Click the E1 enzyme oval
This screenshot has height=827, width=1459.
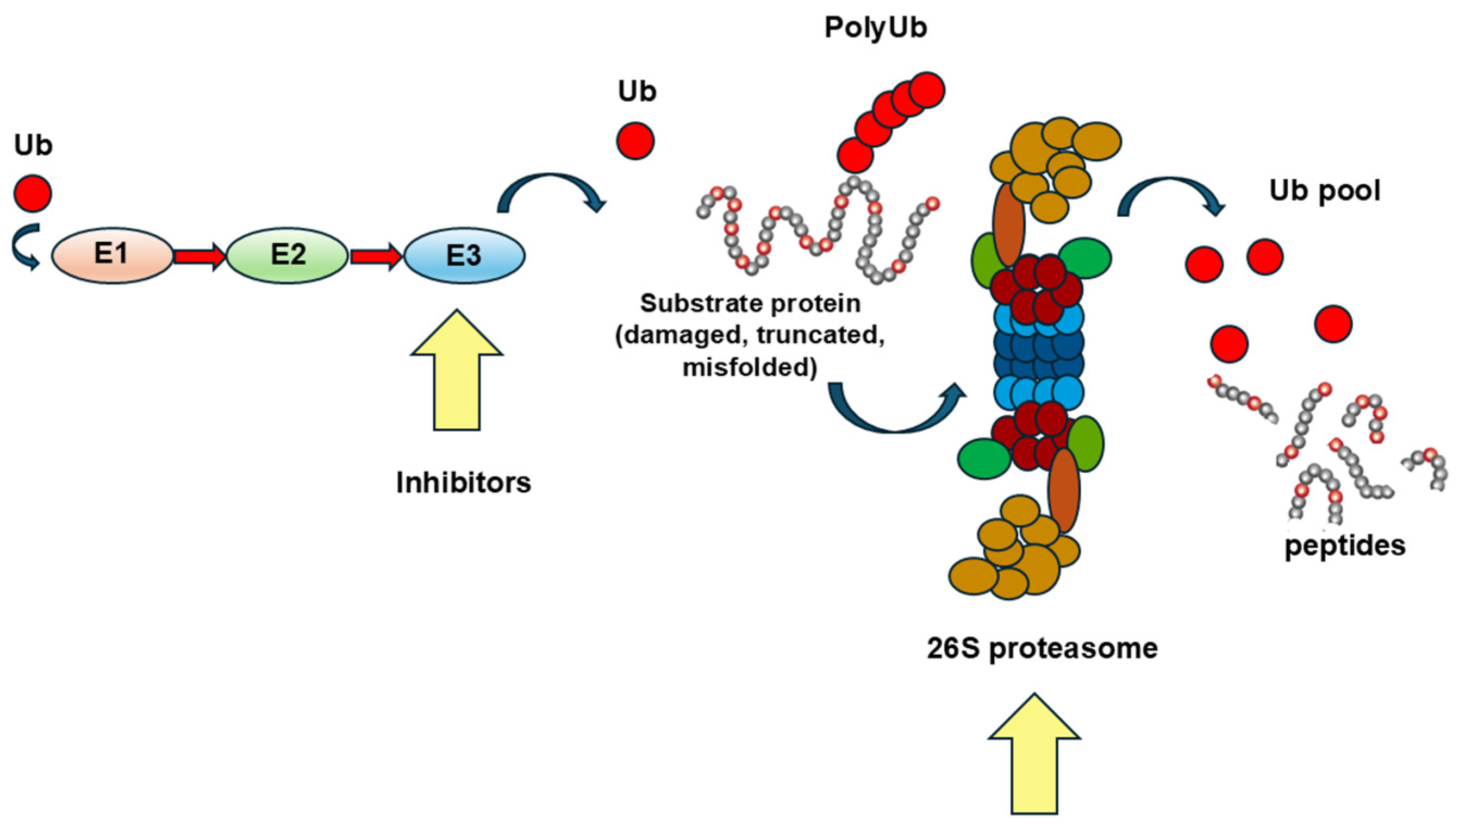coord(112,255)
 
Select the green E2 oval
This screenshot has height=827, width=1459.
coord(288,255)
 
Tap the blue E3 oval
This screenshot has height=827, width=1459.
coord(464,255)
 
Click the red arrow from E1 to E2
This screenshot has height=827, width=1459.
coord(199,256)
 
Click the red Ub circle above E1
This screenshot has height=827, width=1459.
coord(33,193)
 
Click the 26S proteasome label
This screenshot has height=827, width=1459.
coord(1042,648)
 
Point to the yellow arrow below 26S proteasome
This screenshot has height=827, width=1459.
coord(1034,755)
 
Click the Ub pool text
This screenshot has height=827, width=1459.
coord(1324,191)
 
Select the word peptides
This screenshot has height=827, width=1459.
coord(1345,546)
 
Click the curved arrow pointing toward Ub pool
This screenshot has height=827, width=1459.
coord(1170,193)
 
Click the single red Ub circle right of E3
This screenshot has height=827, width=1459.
coord(635,141)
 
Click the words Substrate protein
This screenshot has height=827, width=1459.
coord(750,304)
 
